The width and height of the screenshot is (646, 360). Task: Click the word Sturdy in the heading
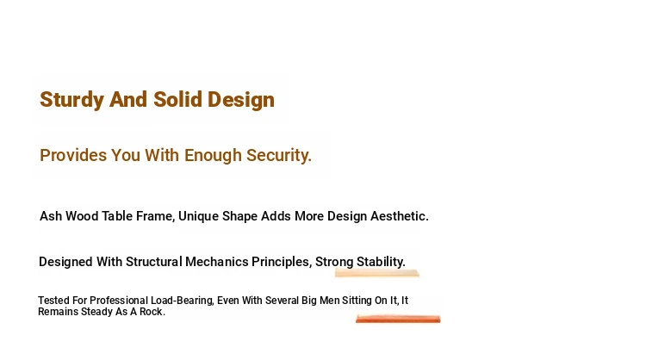[71, 100]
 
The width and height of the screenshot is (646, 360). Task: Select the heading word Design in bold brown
[241, 100]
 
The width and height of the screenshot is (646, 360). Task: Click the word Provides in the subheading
[73, 155]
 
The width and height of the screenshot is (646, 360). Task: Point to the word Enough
[213, 156]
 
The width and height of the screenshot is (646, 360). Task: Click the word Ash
[51, 216]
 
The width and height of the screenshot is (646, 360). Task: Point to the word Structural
[153, 262]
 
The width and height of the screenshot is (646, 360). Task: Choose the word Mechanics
[217, 262]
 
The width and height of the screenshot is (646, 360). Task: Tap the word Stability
[381, 262]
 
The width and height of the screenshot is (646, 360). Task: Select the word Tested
[53, 301]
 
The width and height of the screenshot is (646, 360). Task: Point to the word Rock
[152, 312]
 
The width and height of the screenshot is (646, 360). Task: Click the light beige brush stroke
[377, 273]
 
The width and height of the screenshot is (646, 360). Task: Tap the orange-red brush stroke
[398, 319]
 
